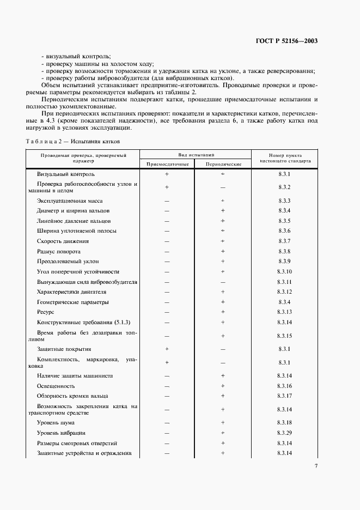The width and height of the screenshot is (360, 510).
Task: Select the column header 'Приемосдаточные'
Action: tap(167, 164)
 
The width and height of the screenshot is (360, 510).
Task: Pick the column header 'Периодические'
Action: tap(223, 164)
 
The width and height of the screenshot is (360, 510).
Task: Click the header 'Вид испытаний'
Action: tap(195, 155)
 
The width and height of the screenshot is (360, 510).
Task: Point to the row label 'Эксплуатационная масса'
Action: tap(65, 201)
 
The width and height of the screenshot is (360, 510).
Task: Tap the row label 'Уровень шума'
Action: tap(56, 423)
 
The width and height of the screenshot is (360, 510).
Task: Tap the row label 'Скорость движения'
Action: tap(63, 241)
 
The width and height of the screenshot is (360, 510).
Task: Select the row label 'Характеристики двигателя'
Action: tap(70, 292)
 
